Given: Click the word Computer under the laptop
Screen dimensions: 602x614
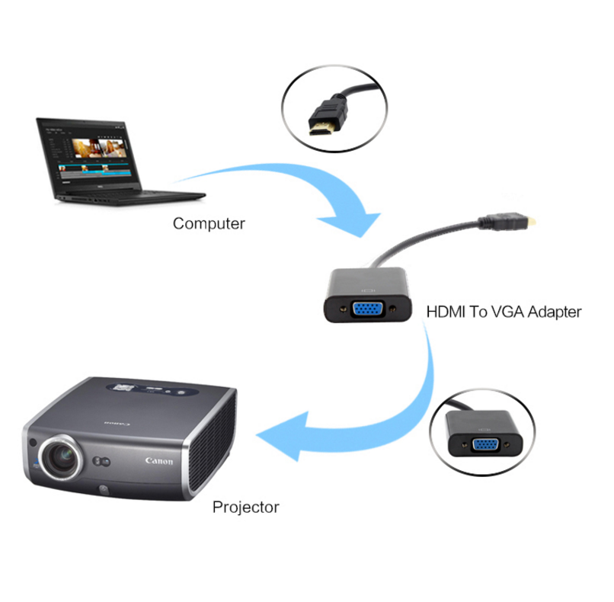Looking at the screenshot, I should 209,224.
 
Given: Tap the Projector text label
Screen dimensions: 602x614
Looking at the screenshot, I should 245,507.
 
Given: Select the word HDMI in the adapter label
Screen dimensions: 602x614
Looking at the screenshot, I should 445,312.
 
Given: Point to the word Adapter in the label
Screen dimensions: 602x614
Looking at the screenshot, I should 554,312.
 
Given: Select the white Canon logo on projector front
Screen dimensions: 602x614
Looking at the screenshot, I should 158,461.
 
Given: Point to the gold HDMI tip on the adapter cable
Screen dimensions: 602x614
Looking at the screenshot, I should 534,223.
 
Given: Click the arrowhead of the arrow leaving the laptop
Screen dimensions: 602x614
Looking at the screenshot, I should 352,219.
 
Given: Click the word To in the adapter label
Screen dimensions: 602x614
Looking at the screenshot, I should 477,312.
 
